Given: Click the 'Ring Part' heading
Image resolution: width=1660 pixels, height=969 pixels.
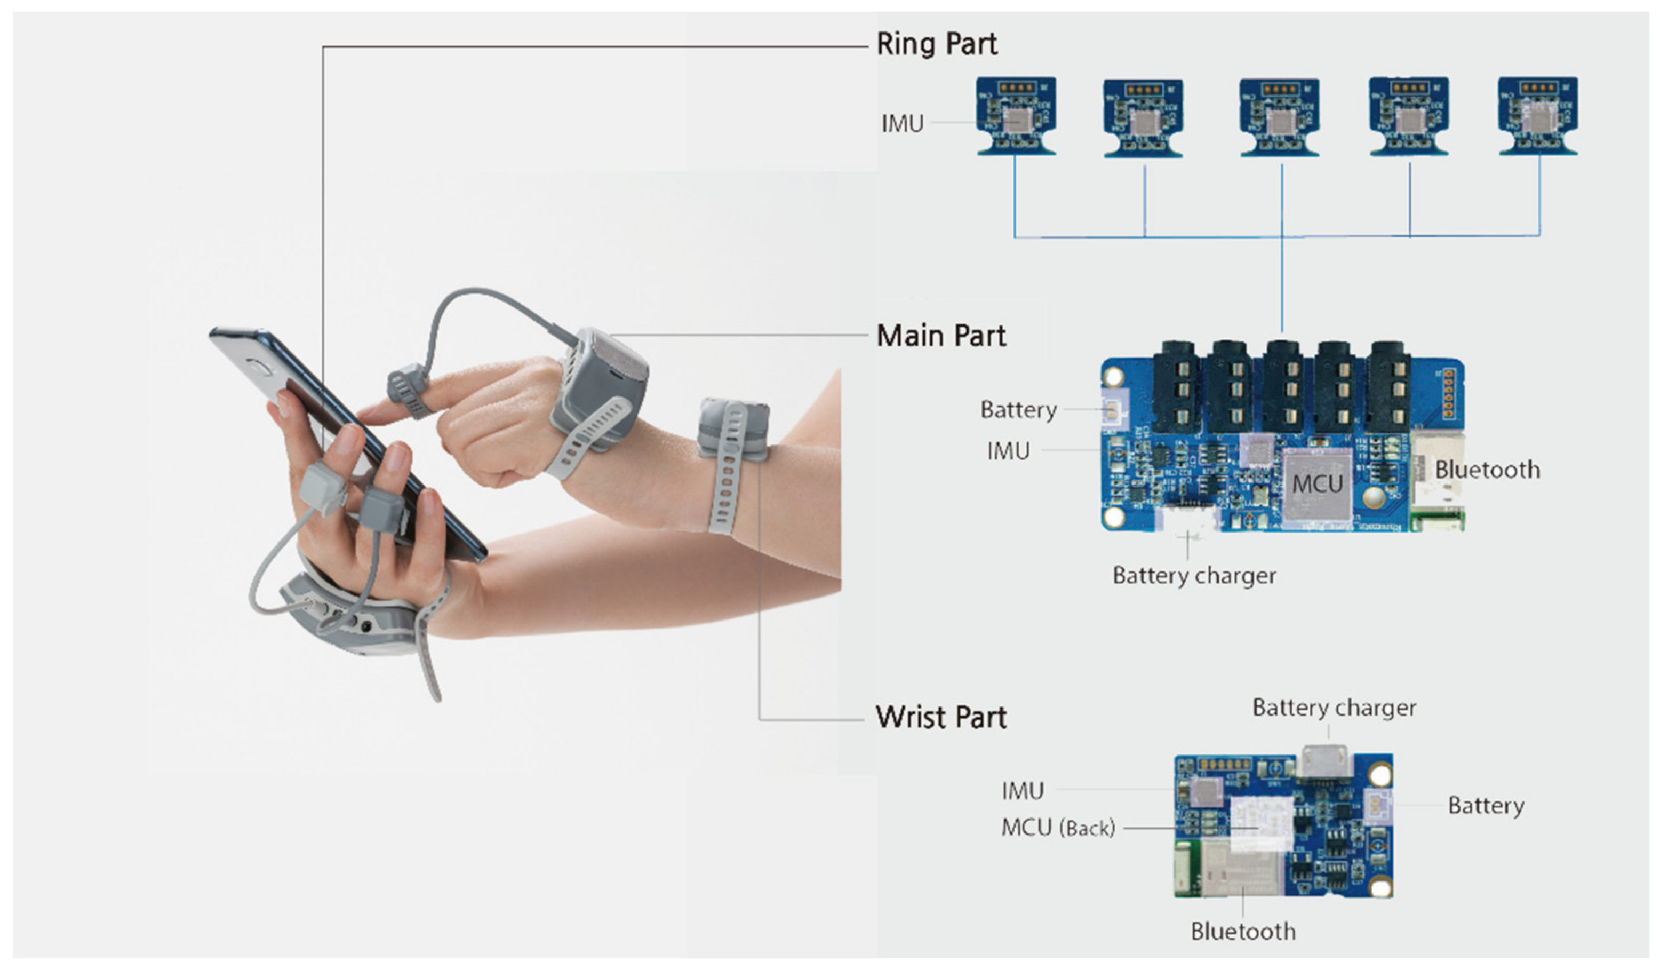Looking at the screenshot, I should [936, 44].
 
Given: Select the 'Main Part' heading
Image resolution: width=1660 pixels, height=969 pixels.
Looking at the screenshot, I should [940, 336].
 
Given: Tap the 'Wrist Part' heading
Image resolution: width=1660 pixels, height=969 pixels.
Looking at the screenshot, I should [940, 717].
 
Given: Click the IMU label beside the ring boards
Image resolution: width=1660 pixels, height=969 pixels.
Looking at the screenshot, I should [903, 124].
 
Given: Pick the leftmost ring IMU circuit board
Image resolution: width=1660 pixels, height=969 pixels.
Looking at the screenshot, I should [1016, 117].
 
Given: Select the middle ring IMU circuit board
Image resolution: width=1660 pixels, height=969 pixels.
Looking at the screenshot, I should [1279, 118].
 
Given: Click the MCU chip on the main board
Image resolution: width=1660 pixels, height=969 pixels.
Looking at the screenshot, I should [1316, 486].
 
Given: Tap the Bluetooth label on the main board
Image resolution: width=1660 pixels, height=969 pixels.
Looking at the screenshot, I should [1487, 470].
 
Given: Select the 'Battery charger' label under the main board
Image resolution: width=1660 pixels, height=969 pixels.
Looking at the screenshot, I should [1194, 576].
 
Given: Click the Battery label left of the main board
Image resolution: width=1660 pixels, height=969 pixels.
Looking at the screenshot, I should [1018, 410].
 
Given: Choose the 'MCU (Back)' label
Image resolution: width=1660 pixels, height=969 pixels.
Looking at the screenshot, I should [1058, 828].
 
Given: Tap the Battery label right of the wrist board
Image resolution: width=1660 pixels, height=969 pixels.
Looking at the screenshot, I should [1486, 806].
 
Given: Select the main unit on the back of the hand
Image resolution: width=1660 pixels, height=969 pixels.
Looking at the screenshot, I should [600, 388].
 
